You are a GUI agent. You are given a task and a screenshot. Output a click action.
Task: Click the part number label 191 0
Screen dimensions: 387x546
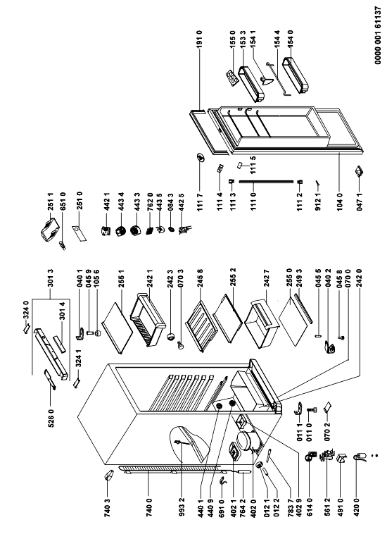tap(199, 39)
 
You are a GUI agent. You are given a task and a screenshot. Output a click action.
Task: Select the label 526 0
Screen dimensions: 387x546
tap(51, 418)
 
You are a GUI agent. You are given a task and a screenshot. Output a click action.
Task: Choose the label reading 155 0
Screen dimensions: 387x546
tap(233, 39)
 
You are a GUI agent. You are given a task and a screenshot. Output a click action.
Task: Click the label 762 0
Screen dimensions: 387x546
tap(150, 201)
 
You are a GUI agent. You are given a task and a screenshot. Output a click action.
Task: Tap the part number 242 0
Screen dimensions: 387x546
tap(359, 278)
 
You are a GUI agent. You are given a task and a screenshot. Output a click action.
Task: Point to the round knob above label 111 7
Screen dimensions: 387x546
tap(200, 158)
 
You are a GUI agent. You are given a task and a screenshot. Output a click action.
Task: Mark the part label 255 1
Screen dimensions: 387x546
tap(122, 278)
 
